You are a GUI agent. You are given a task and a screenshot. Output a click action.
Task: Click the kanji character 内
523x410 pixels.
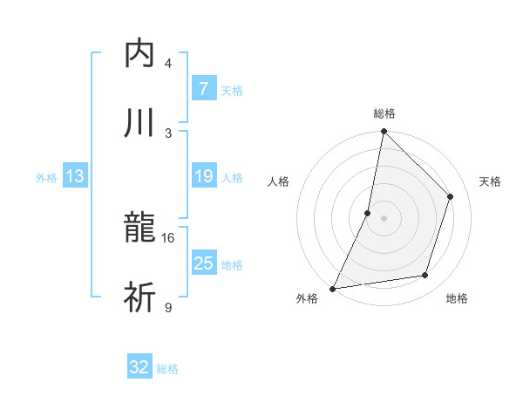click(139, 54)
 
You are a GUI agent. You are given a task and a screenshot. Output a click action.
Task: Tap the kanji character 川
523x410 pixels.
click(139, 123)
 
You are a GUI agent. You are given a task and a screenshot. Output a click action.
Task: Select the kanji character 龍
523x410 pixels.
click(139, 229)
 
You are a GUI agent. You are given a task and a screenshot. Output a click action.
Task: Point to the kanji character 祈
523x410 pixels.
click(139, 298)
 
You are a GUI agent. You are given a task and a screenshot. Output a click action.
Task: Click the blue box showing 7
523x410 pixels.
click(203, 89)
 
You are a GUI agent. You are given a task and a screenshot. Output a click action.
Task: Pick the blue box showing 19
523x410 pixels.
click(203, 176)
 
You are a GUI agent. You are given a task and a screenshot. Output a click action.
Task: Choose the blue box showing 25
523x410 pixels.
click(203, 263)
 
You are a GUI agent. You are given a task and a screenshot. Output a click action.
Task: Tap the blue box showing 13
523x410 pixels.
click(75, 176)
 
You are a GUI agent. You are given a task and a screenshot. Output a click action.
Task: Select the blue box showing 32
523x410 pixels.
click(139, 367)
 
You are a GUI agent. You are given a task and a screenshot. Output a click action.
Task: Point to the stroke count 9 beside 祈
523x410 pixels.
click(167, 307)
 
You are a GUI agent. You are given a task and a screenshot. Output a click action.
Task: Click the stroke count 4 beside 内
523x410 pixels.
click(167, 63)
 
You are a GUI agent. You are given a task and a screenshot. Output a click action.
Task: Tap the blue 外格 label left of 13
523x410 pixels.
click(46, 177)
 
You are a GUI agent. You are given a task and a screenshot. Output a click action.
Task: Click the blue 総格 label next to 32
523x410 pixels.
click(167, 368)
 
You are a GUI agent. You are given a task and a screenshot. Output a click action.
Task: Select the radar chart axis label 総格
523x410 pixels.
click(384, 113)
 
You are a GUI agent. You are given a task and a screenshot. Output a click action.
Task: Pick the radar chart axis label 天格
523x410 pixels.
click(490, 181)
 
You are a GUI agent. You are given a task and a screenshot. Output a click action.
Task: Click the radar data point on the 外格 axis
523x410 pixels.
click(332, 289)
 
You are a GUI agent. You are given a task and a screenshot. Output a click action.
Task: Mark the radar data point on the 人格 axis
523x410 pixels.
click(368, 213)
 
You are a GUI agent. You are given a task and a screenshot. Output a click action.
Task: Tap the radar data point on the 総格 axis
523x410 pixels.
click(384, 132)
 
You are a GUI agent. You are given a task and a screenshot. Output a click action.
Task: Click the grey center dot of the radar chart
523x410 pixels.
click(384, 218)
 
